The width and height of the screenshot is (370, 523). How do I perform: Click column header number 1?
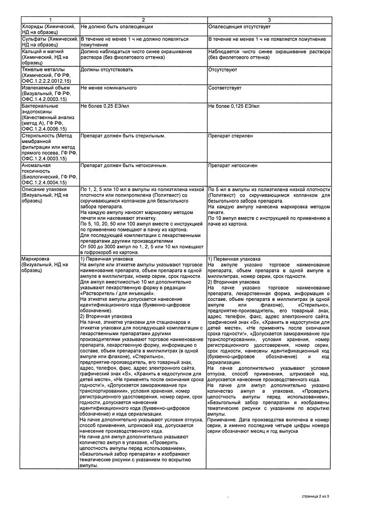click(50, 19)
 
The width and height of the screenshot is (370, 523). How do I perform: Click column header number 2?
click(143, 19)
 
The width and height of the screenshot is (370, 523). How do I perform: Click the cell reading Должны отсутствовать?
click(107, 69)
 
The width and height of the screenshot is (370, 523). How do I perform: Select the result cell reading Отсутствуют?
click(222, 69)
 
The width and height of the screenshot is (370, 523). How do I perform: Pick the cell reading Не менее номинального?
click(109, 88)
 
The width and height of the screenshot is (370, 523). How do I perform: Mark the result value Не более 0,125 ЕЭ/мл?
click(234, 106)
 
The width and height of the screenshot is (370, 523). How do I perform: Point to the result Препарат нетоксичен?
click(233, 165)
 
